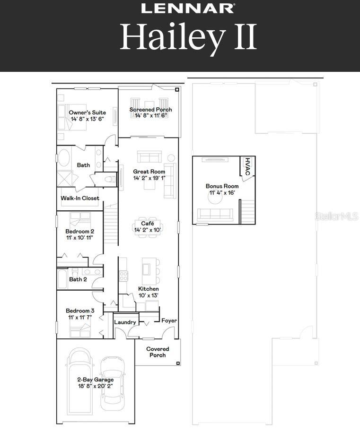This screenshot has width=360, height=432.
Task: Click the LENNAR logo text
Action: [x=188, y=8]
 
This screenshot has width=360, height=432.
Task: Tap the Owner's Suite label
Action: [x=87, y=112]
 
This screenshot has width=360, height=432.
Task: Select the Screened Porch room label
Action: [x=151, y=110]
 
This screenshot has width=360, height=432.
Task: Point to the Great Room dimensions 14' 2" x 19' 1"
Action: [x=149, y=178]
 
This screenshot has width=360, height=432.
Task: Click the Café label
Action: [x=148, y=224]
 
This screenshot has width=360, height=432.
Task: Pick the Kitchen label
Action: [x=148, y=289]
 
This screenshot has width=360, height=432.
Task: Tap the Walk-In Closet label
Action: [x=80, y=198]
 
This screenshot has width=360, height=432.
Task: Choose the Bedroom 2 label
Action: [x=79, y=231]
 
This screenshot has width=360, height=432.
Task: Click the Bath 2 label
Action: [x=78, y=279]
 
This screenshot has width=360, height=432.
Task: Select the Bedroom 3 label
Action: [x=79, y=311]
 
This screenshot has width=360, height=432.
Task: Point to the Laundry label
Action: [x=125, y=322]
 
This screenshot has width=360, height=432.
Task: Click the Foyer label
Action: [x=169, y=320]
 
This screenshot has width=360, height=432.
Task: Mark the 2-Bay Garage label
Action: [x=96, y=380]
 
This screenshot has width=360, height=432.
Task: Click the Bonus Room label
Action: [x=222, y=186]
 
